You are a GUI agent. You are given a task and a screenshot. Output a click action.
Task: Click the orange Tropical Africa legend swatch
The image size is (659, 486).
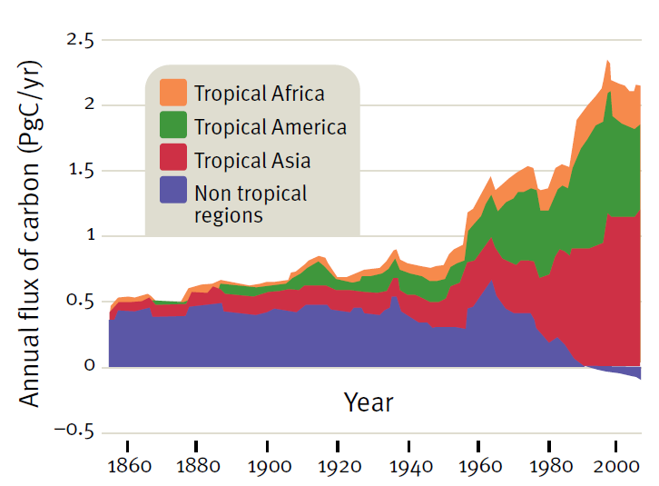[173, 93]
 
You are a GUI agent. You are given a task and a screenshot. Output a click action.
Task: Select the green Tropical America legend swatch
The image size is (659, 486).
[173, 125]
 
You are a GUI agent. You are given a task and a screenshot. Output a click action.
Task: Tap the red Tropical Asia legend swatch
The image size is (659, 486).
[173, 159]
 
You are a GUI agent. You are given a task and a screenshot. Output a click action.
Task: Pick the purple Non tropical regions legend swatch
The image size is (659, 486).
[173, 192]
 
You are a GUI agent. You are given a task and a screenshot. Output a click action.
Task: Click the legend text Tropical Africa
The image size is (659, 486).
[259, 93]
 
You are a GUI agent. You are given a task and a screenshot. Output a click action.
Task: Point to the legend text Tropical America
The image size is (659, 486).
[270, 126]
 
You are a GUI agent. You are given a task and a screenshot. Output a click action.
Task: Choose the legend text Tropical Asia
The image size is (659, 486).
[251, 160]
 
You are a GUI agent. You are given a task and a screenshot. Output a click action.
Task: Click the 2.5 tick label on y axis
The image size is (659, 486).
[81, 40]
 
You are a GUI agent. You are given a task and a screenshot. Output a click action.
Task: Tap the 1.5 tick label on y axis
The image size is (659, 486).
[81, 171]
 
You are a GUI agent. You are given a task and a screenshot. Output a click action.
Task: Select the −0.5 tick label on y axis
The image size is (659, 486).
[74, 431]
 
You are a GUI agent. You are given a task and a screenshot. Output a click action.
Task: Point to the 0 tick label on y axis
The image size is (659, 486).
[89, 366]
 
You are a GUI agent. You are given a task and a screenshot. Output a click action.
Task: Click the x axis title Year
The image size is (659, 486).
[369, 402]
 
